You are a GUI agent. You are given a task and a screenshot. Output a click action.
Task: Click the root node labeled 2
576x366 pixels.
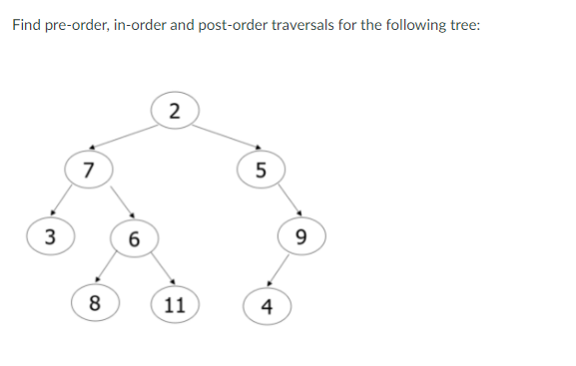[x=176, y=110]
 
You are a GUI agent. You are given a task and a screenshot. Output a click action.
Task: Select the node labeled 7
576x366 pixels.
[x=89, y=169]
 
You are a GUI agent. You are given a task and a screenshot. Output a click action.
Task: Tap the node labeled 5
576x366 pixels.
[x=261, y=170]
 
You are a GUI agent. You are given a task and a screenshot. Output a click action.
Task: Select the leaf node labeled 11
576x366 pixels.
[x=175, y=304]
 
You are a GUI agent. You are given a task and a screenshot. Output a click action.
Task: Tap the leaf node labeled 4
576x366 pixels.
[x=265, y=304]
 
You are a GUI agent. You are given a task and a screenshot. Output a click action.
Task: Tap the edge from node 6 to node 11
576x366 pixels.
[x=160, y=269]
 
